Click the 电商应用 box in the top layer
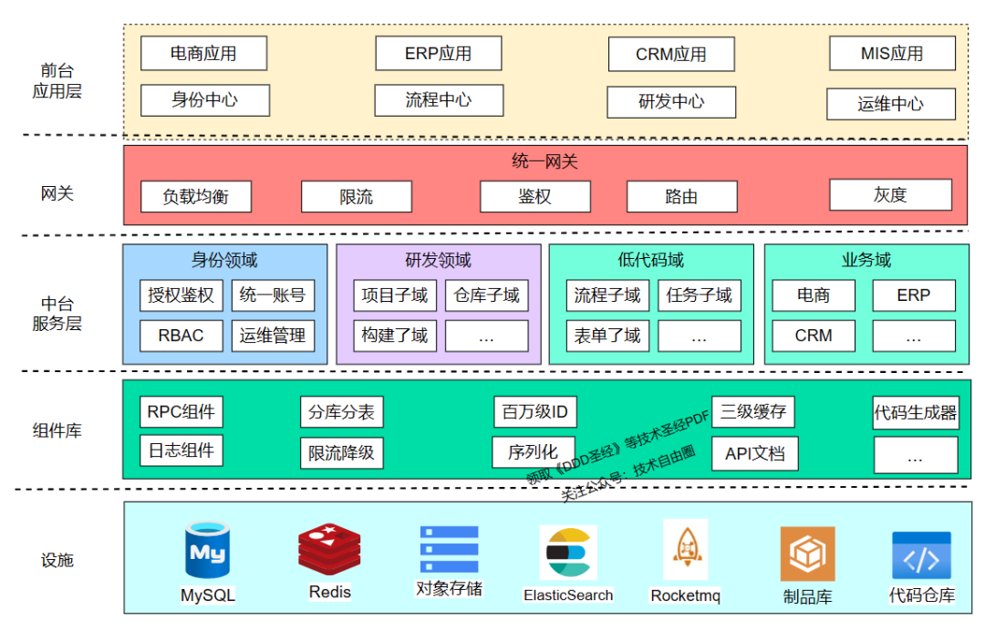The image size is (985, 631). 203,54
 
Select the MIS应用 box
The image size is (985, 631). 892,54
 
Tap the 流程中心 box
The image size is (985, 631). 439,100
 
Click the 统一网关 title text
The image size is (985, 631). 544,162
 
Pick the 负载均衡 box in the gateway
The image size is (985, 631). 196,196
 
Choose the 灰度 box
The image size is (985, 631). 890,195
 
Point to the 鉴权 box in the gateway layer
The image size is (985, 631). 535,196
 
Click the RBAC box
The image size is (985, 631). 181,336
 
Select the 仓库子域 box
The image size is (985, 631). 486,295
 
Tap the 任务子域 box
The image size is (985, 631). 700,295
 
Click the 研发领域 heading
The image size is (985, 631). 438,261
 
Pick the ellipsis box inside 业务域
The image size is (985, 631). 914,336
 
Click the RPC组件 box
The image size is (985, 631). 181,412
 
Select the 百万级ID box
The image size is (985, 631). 535,412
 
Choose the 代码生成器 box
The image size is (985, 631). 916,413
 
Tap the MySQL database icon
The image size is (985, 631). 208,551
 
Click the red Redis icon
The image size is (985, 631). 329,549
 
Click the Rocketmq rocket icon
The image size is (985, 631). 685,550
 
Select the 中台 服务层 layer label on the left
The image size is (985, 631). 57,314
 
